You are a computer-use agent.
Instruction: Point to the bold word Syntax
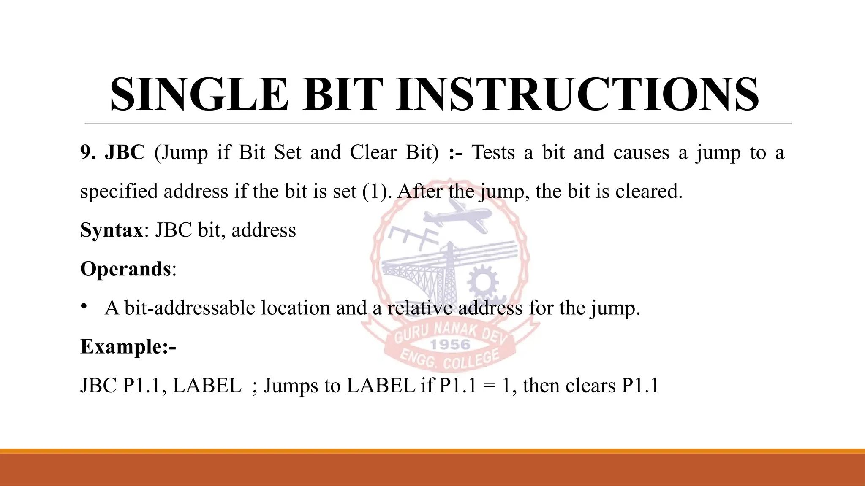[x=112, y=230]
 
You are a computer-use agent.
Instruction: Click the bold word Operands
[x=125, y=269]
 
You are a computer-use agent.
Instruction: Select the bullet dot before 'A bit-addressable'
[x=84, y=306]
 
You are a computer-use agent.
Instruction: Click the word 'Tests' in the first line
[x=493, y=152]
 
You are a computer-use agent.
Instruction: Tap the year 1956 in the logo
[x=450, y=345]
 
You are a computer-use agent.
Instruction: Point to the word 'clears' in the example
[x=590, y=386]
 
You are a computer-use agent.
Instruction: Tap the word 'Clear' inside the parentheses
[x=373, y=152]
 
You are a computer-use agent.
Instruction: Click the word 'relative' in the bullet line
[x=420, y=308]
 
